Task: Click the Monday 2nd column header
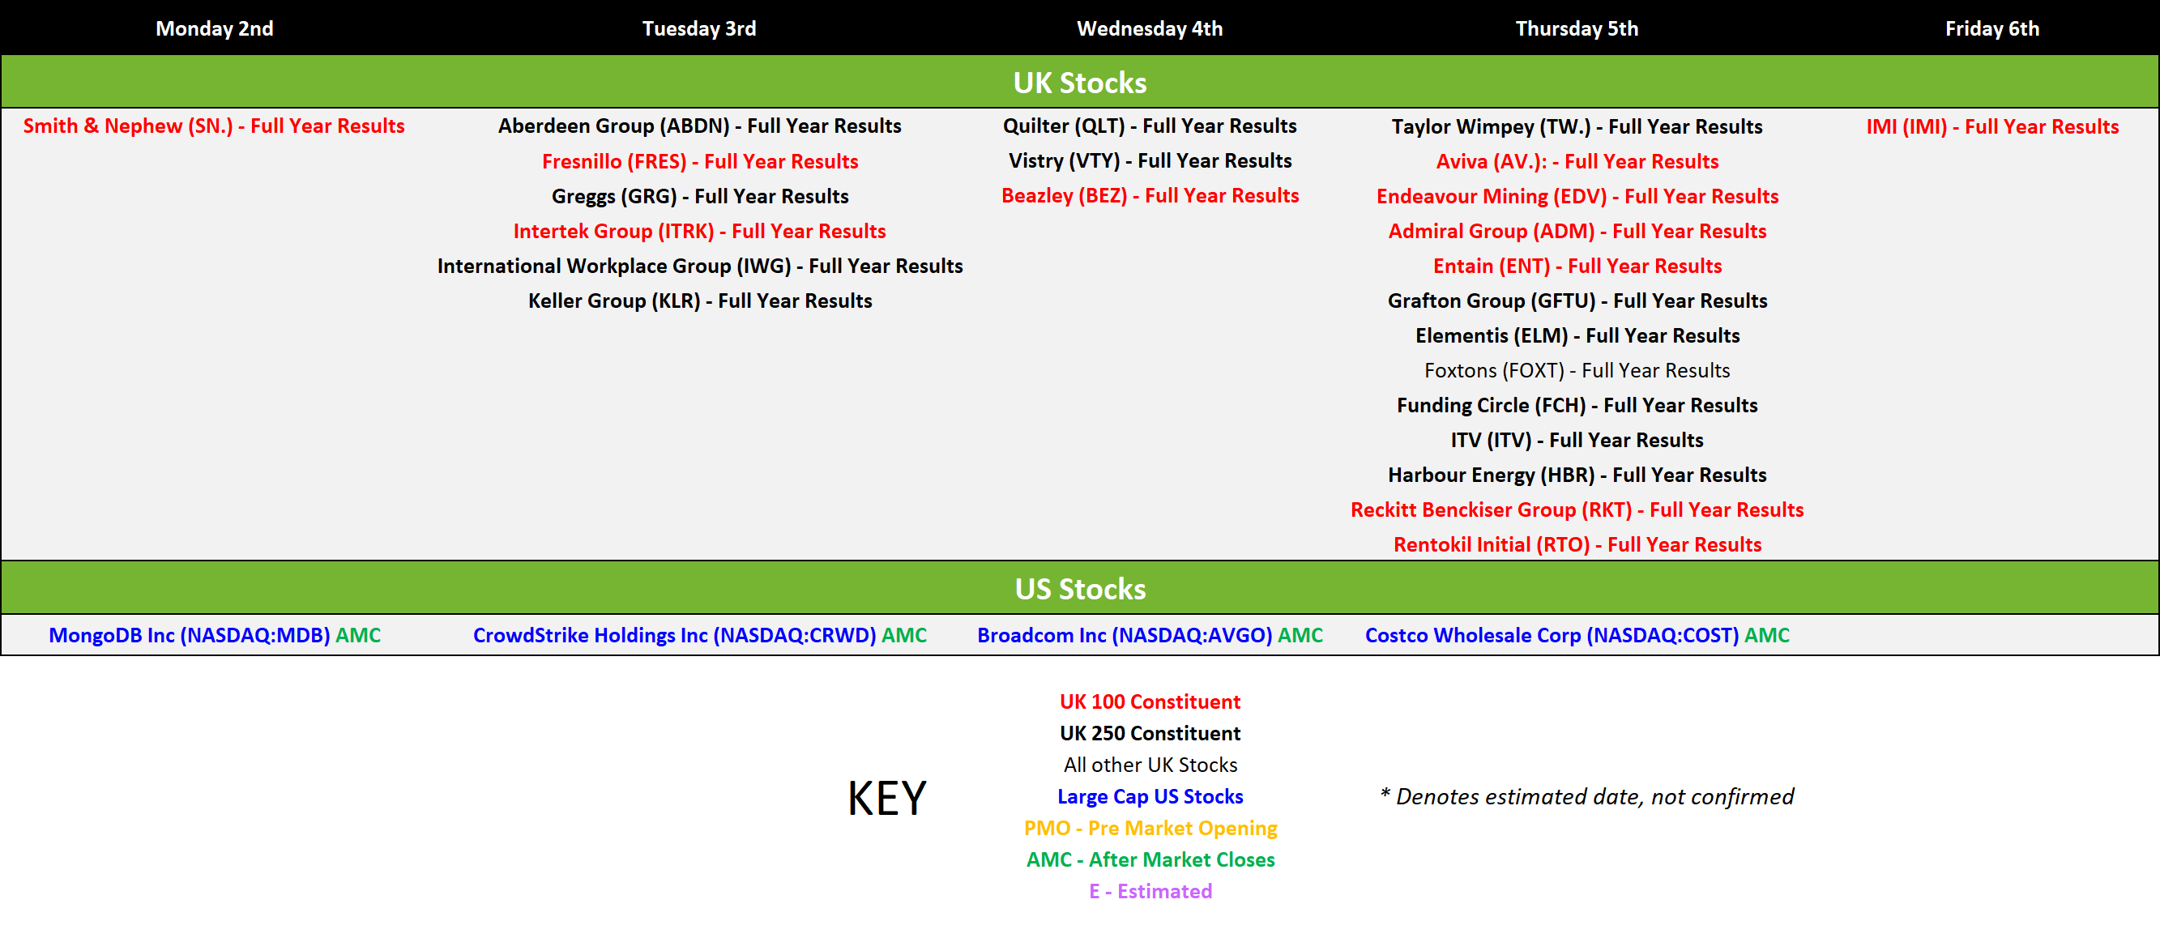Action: pos(215,28)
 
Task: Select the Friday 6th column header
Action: pos(1992,28)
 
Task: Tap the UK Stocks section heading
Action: pos(1080,82)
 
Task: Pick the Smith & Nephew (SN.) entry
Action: pos(214,126)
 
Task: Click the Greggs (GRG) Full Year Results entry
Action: pos(700,196)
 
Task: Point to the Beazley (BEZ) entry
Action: pos(1150,195)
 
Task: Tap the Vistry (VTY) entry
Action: pos(1150,160)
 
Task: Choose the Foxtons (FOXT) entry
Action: pos(1577,369)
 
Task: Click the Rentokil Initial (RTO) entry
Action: pos(1577,544)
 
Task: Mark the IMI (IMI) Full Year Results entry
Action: pos(1992,126)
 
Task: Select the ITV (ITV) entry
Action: pos(1577,439)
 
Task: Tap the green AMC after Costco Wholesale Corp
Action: pos(1767,634)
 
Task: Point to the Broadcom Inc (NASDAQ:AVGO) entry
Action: pos(1150,634)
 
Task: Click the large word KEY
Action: pos(887,797)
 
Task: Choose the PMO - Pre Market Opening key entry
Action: pos(1150,827)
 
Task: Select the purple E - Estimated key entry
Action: pos(1150,890)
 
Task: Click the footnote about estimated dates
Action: pos(1586,795)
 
